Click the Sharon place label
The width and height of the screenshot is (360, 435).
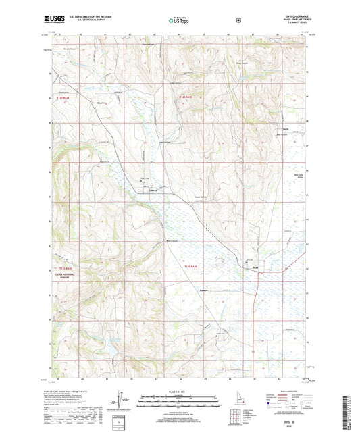(103, 104)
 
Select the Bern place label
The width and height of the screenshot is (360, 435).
(286, 128)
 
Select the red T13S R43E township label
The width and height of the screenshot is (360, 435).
(193, 265)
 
